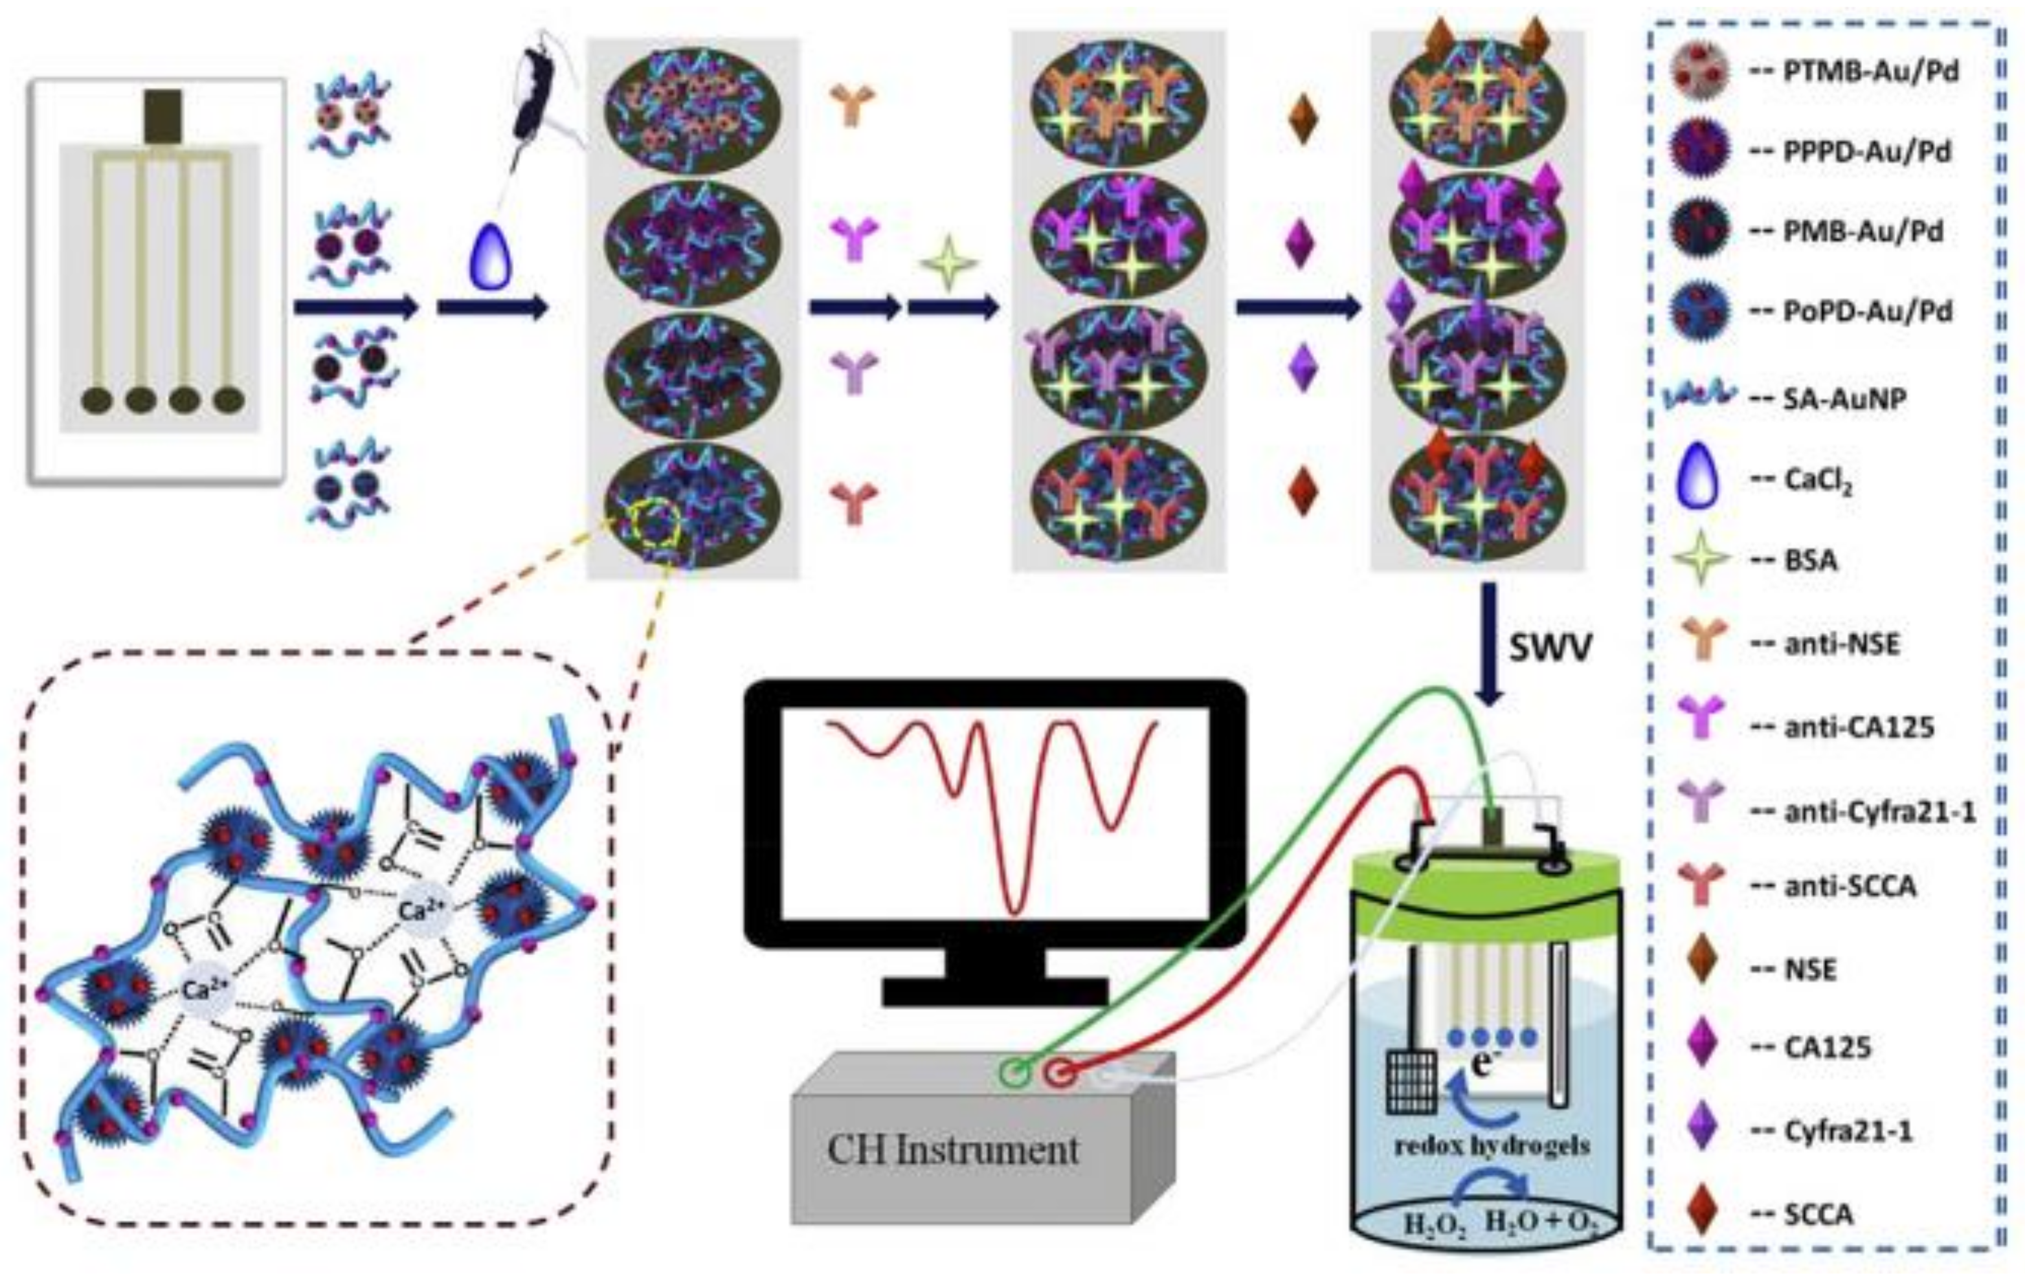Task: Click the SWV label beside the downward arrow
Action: pos(1550,649)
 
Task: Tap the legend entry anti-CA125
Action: pos(1859,726)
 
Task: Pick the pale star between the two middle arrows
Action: pos(948,263)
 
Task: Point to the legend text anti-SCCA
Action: pos(1850,886)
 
